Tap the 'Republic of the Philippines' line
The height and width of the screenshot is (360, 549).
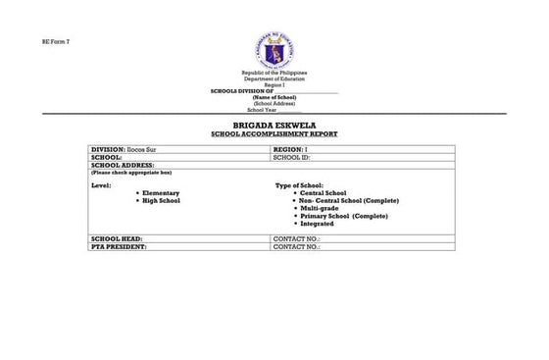pos(274,74)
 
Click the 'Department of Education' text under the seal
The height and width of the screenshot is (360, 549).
pos(274,79)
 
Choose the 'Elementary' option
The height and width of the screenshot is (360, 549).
pos(161,193)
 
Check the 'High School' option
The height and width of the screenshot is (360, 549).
pos(161,200)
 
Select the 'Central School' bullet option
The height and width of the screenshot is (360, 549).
pos(323,193)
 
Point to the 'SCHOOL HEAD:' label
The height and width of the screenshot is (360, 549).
pos(116,240)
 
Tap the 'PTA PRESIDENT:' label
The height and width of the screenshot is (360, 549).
pos(119,248)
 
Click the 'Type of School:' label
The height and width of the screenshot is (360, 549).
pos(299,185)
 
